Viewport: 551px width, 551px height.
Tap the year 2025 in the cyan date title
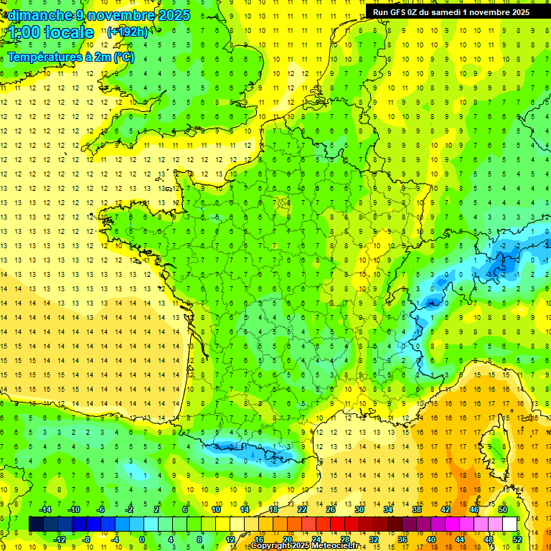click(x=172, y=14)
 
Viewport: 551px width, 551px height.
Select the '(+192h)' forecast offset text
click(x=128, y=32)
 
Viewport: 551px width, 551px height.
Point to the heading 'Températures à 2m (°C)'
click(x=70, y=57)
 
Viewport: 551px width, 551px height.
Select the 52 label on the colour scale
click(x=517, y=539)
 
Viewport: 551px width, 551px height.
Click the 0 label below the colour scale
click(x=142, y=539)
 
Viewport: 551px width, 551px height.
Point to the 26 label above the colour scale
click(x=330, y=509)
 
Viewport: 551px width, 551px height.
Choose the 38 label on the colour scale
click(x=416, y=509)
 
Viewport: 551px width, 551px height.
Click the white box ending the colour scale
click(x=509, y=524)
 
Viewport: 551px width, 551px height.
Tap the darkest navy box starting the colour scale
click(x=36, y=524)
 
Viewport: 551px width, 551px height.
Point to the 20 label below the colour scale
click(x=287, y=539)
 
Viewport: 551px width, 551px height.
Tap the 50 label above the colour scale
click(x=502, y=509)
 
